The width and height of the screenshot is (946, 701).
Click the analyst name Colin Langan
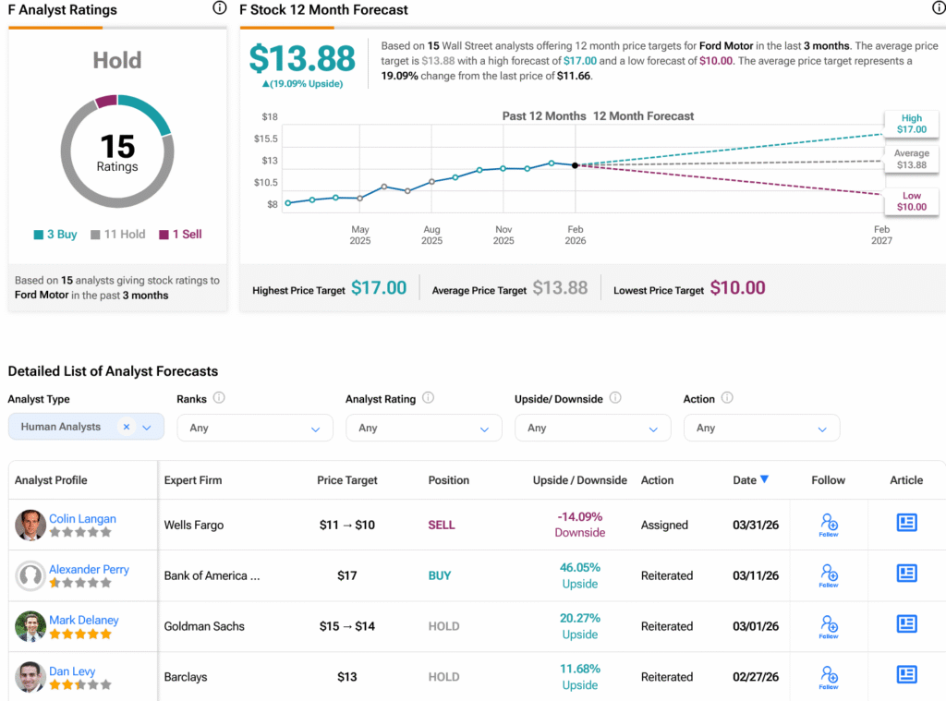tap(82, 518)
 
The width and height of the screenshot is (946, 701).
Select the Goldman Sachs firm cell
tap(204, 626)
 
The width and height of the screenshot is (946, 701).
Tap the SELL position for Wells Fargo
tap(442, 525)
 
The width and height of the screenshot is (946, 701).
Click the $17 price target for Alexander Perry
tap(347, 575)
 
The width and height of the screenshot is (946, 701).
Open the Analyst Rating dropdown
tap(423, 428)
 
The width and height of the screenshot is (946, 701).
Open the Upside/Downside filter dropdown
tap(592, 428)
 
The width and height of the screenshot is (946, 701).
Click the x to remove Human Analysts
tap(127, 426)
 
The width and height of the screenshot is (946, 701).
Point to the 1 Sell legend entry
tap(180, 235)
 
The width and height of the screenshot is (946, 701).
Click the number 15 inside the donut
tap(117, 147)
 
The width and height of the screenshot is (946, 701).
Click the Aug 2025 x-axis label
tap(431, 235)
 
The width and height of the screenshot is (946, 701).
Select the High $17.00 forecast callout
tap(912, 124)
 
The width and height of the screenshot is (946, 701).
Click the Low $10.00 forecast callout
tap(912, 201)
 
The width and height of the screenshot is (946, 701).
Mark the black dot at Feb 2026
tap(576, 165)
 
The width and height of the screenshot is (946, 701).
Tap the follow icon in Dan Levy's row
tap(829, 676)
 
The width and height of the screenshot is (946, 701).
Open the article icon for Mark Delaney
tap(907, 624)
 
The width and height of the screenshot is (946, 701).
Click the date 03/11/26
tap(755, 575)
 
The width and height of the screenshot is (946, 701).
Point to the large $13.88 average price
tap(302, 59)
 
